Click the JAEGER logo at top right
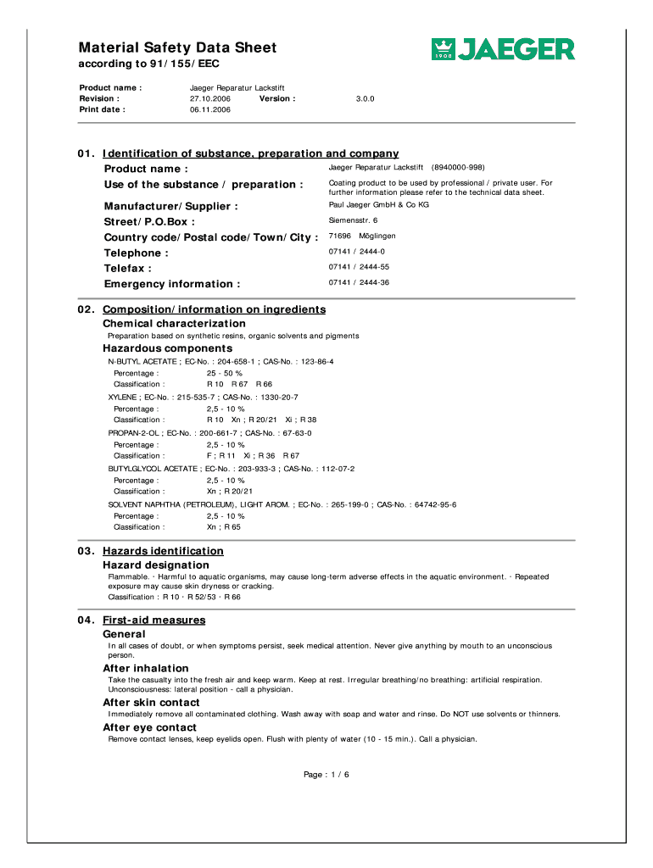(x=503, y=49)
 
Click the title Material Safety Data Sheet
(x=177, y=48)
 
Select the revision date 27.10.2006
(x=210, y=98)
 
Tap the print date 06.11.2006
(x=210, y=109)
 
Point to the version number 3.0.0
(x=366, y=98)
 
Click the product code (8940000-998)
(x=458, y=168)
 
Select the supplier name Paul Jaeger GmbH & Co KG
(x=378, y=205)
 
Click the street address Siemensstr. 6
(x=353, y=220)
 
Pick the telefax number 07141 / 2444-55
(x=359, y=267)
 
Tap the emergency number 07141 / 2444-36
(x=359, y=282)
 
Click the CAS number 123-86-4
(x=314, y=361)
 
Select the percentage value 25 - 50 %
(x=225, y=373)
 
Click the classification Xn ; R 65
(x=224, y=526)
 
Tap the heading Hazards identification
(x=163, y=551)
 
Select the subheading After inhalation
(x=145, y=668)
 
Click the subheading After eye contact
(x=149, y=727)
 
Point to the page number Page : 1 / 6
(x=326, y=775)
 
